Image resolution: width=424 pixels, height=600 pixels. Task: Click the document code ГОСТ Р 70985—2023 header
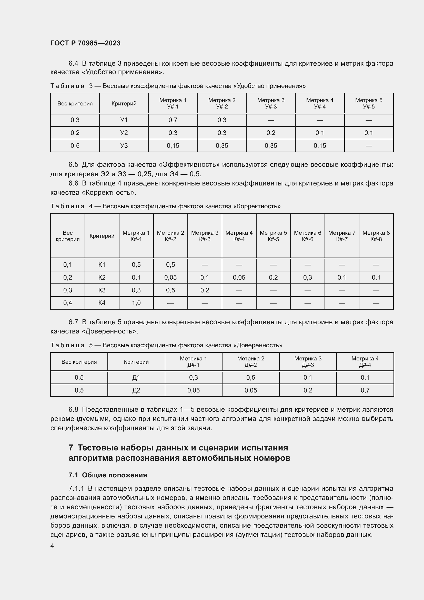point(85,43)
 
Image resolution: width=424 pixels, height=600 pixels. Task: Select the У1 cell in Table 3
point(124,120)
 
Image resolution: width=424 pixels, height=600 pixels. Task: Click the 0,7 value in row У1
point(173,120)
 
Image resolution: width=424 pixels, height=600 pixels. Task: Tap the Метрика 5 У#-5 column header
point(368,103)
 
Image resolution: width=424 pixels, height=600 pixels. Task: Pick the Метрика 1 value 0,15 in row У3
point(173,145)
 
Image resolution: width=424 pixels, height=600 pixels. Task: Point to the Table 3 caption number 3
point(91,86)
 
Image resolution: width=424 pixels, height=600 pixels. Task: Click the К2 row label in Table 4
point(102,277)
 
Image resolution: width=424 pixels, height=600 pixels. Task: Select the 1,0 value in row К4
point(136,303)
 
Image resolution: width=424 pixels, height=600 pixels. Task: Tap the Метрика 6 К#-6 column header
point(307,236)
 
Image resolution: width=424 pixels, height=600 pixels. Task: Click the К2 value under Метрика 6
point(307,277)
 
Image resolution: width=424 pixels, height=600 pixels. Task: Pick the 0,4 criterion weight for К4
point(68,303)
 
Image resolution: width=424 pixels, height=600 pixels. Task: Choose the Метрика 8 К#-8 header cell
point(376,236)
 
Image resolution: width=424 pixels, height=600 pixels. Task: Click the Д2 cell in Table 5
point(136,390)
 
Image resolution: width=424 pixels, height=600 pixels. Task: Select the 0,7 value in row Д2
point(365,390)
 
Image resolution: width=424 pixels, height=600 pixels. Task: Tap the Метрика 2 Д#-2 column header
point(250,362)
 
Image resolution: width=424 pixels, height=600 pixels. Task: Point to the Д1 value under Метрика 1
point(193,377)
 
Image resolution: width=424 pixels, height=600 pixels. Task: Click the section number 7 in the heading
point(71,448)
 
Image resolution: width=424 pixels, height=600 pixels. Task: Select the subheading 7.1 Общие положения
point(108,475)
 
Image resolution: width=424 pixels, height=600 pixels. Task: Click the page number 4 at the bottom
point(52,546)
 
